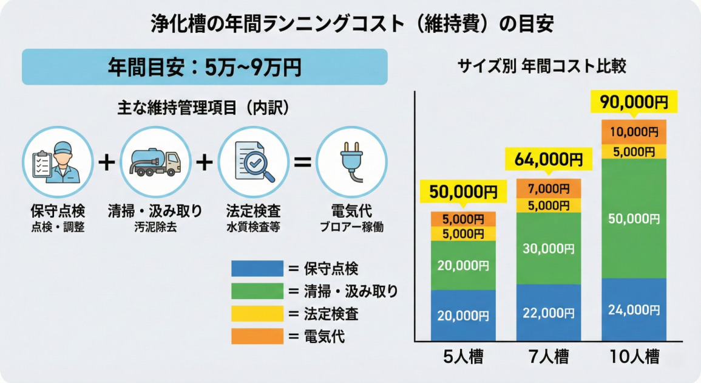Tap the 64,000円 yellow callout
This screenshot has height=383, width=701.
[544, 160]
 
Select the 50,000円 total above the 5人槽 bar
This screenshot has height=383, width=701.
[463, 193]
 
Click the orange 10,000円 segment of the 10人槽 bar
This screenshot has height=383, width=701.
[634, 131]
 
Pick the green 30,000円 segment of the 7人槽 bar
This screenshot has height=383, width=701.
[548, 248]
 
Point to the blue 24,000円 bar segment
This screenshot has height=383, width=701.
[634, 310]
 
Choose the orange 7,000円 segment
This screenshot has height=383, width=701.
[548, 188]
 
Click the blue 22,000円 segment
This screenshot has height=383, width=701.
[548, 312]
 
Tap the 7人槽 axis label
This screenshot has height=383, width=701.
[548, 356]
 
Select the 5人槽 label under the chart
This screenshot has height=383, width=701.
[463, 356]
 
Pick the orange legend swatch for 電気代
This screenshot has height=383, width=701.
[257, 336]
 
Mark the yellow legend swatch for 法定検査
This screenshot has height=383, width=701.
[257, 314]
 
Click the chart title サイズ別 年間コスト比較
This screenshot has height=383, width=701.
[541, 66]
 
